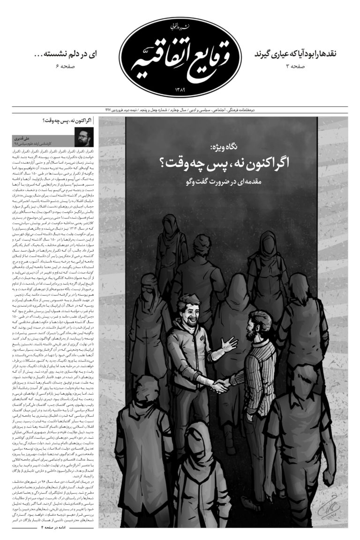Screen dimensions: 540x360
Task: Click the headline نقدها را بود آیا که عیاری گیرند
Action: pos(300,54)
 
